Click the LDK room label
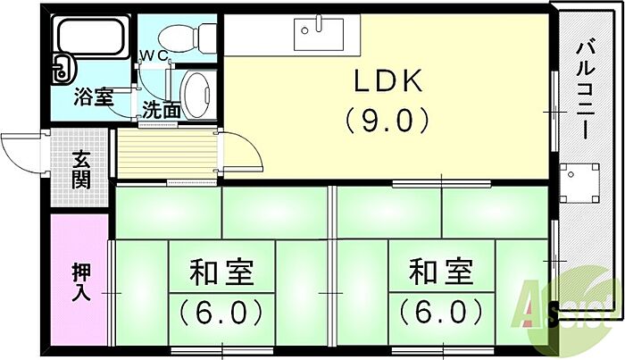click(x=388, y=81)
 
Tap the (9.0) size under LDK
click(x=388, y=121)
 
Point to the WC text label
click(x=154, y=56)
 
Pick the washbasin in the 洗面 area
click(x=196, y=94)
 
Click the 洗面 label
click(x=161, y=110)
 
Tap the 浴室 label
click(x=94, y=96)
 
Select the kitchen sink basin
click(x=319, y=34)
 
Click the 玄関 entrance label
click(x=81, y=170)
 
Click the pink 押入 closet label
click(x=81, y=282)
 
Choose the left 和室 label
click(x=221, y=272)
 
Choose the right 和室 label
click(x=441, y=272)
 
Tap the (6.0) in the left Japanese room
click(x=221, y=312)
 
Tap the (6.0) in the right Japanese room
click(x=441, y=312)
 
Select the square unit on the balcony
click(x=579, y=182)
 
